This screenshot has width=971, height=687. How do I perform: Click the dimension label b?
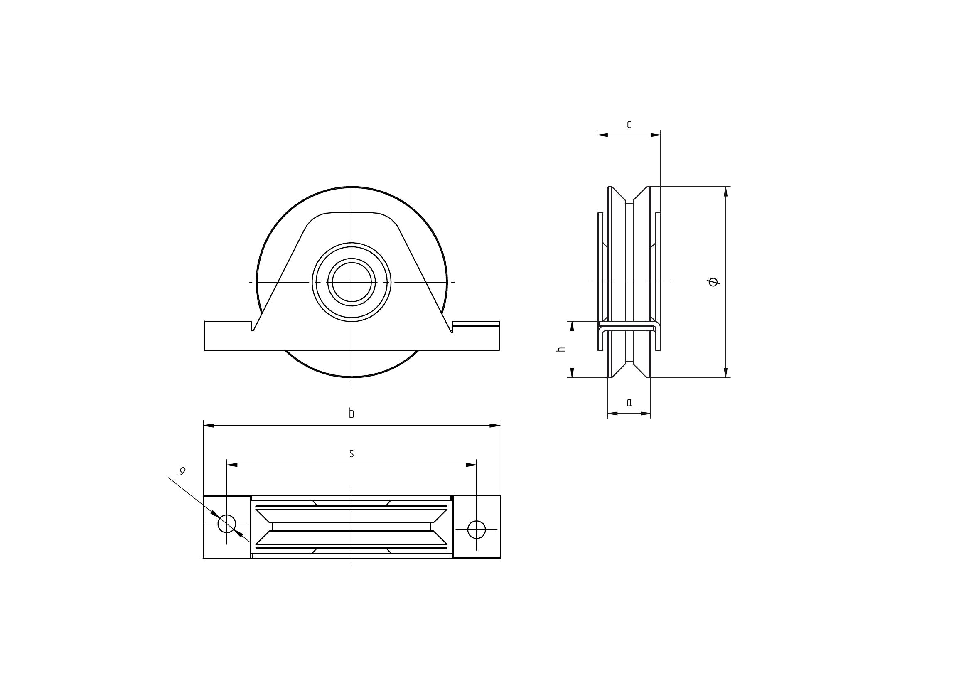click(351, 413)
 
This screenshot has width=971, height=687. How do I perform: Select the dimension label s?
click(351, 453)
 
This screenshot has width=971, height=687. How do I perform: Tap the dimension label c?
click(629, 124)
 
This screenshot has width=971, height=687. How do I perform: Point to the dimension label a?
click(629, 402)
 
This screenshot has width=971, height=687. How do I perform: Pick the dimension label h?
click(562, 349)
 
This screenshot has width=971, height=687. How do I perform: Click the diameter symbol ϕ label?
click(714, 282)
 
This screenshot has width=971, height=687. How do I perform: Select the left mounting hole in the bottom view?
click(227, 524)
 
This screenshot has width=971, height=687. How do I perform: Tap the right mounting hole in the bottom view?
click(477, 529)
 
